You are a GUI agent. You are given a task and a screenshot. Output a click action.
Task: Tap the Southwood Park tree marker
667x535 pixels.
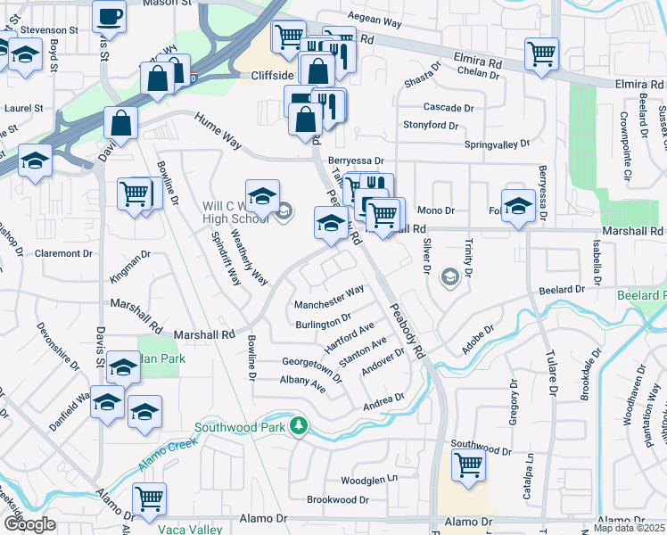coord(301,428)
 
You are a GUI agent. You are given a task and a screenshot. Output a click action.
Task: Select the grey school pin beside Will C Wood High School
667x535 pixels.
coord(284,212)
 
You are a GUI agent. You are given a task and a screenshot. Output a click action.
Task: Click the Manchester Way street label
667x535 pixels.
coord(329,298)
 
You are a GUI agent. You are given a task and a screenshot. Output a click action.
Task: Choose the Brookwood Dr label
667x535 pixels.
coord(338,500)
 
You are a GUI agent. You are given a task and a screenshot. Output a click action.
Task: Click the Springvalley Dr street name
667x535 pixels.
coord(497,144)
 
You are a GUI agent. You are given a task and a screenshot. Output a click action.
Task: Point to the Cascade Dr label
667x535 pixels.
coord(449,107)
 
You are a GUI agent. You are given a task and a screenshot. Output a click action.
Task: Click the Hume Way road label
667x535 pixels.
coord(218,130)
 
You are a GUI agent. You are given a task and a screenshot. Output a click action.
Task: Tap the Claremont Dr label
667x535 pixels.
coord(63,253)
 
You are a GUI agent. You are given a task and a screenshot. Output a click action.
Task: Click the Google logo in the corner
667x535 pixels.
coord(29,524)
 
